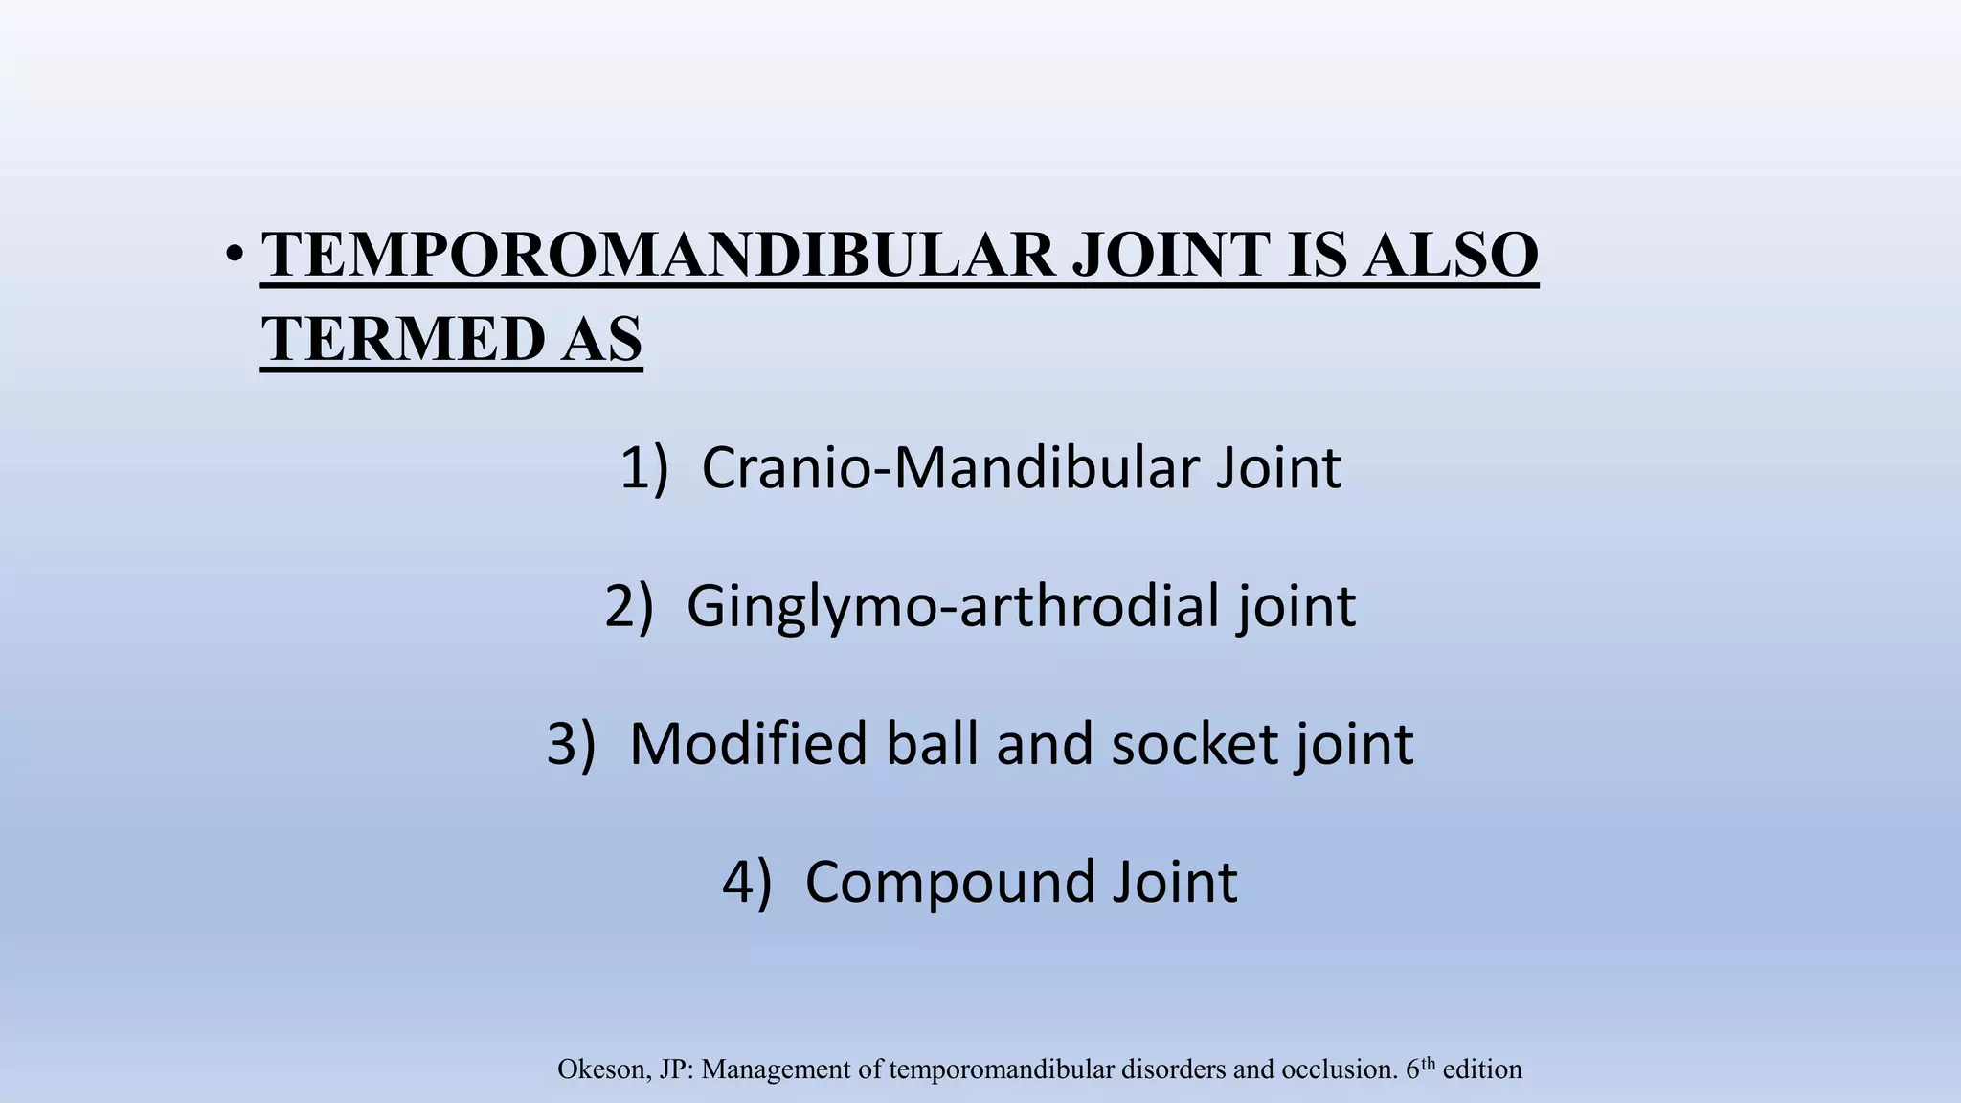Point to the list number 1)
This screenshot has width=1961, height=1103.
(x=643, y=469)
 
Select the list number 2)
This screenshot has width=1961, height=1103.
(x=629, y=606)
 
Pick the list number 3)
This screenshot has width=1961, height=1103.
(x=571, y=744)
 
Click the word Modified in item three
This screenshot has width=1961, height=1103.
(x=747, y=744)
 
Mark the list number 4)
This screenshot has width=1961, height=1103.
(x=746, y=882)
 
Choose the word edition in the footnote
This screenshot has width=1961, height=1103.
(x=1482, y=1069)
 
